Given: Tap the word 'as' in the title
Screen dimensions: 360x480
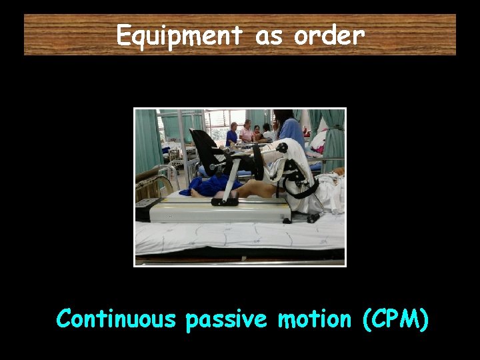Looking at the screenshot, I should pos(269,35).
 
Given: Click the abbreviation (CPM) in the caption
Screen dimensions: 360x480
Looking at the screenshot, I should pos(396,320).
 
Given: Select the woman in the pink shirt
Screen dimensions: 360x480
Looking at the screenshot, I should pos(246,133).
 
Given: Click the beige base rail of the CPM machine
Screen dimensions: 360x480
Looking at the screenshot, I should pos(220,212).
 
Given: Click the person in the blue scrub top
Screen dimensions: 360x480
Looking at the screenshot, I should pos(291,129).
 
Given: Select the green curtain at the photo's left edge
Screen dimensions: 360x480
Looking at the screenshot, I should pos(147,140).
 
